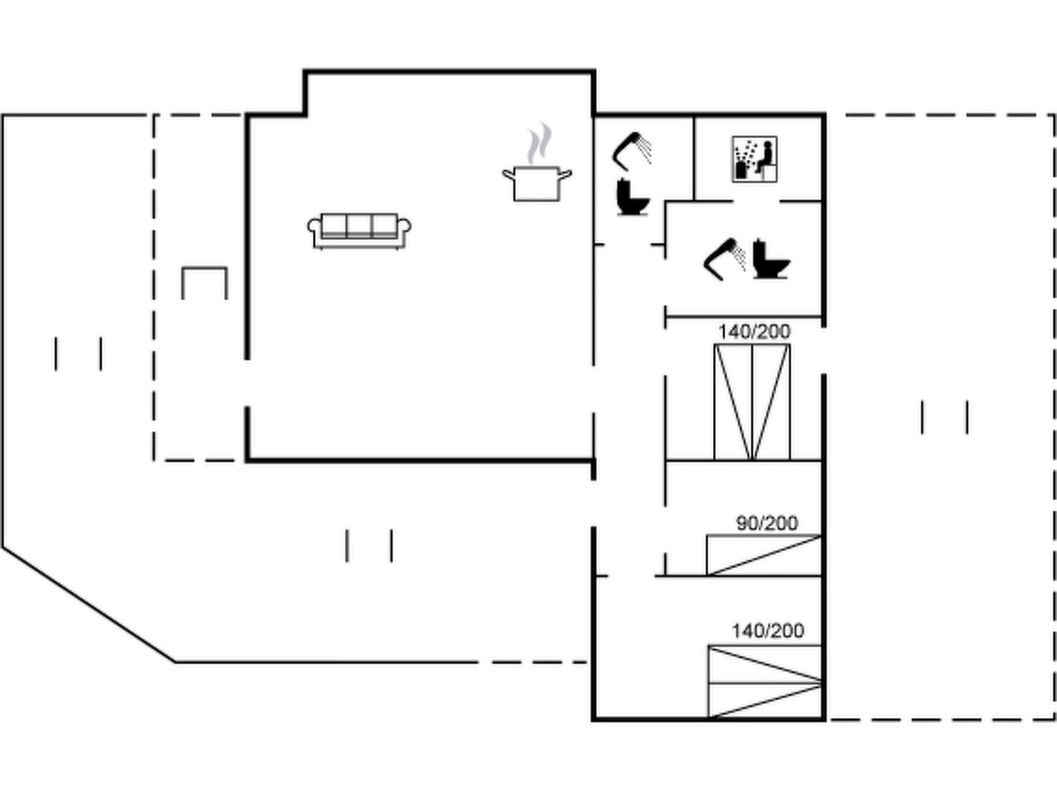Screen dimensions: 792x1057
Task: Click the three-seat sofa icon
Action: click(359, 231)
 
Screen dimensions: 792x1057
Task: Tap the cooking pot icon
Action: click(537, 184)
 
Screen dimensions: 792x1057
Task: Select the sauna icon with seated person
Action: click(754, 159)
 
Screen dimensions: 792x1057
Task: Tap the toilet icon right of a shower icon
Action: click(771, 259)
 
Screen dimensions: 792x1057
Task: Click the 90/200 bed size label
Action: click(767, 524)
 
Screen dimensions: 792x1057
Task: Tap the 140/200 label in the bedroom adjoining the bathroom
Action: click(754, 332)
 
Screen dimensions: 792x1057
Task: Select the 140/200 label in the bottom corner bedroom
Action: click(767, 631)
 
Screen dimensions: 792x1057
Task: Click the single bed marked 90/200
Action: click(764, 555)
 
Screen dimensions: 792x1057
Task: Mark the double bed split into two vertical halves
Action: click(752, 402)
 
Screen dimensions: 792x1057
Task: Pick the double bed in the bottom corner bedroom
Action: click(764, 681)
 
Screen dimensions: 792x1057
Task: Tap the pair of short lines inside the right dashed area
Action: click(944, 417)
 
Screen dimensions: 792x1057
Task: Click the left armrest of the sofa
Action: click(314, 227)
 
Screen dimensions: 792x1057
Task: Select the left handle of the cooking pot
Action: click(508, 174)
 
